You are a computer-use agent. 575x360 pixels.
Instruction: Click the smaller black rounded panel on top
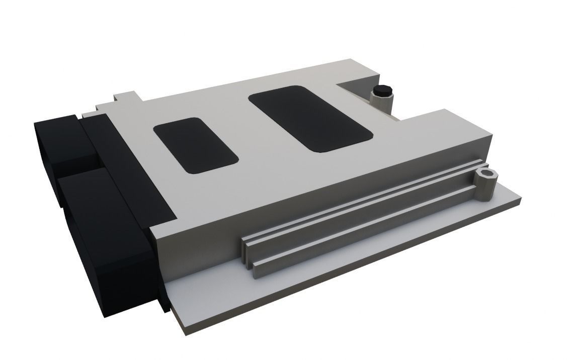tap(195, 146)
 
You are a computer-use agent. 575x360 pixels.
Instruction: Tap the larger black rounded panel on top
tap(310, 118)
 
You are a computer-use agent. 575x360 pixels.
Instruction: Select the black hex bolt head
tap(382, 91)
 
